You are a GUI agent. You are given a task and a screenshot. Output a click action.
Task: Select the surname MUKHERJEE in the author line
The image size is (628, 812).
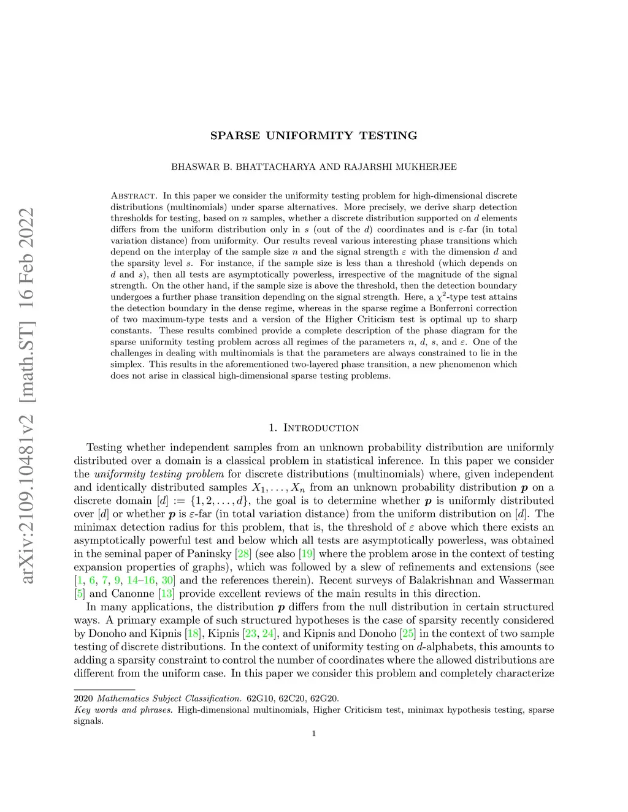click(x=426, y=167)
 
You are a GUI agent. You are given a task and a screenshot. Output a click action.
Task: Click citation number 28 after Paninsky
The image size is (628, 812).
click(x=243, y=553)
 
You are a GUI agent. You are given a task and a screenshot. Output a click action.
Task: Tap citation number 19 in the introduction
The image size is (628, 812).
click(x=307, y=553)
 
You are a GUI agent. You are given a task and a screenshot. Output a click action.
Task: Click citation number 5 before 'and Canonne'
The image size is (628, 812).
click(x=79, y=593)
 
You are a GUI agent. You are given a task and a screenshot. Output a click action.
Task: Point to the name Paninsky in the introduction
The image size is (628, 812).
click(x=209, y=553)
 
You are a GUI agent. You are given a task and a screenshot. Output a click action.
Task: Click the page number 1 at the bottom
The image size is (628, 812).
click(x=314, y=734)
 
